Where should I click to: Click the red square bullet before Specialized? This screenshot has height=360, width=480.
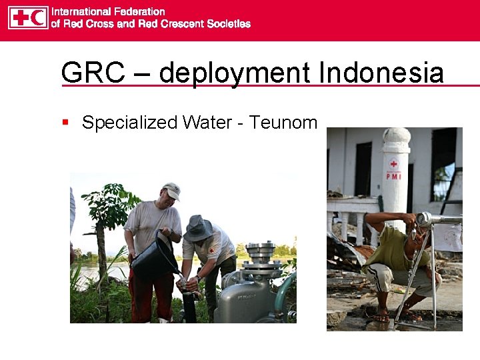pos(65,123)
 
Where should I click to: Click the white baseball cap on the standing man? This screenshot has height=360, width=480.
pos(172,191)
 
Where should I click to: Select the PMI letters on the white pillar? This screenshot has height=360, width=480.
pos(394,177)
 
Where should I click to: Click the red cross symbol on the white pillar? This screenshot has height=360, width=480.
pos(394,164)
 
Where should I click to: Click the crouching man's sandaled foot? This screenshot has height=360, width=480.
pos(381,317)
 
